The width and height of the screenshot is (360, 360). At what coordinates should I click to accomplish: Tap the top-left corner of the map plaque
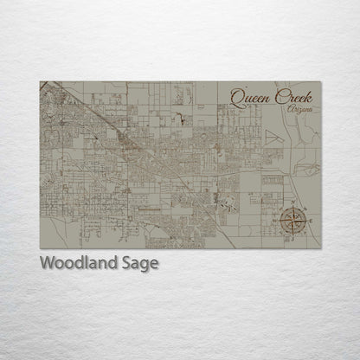pyautogui.click(x=40, y=81)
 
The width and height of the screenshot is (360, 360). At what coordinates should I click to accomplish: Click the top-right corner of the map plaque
pyautogui.click(x=321, y=81)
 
